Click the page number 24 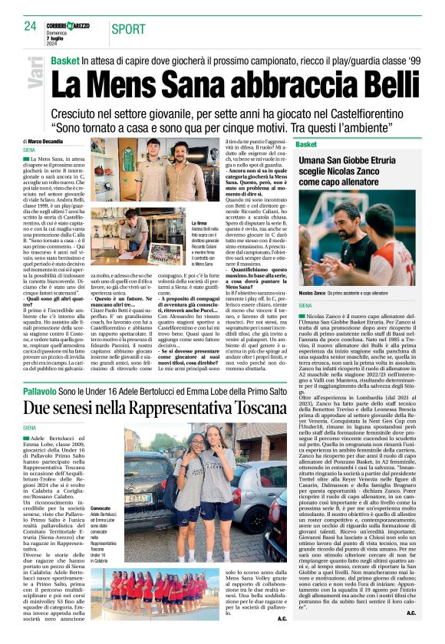30,26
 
